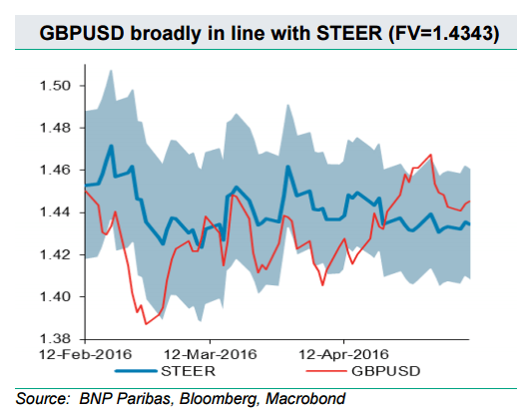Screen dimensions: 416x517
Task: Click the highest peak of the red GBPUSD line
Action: (x=430, y=155)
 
